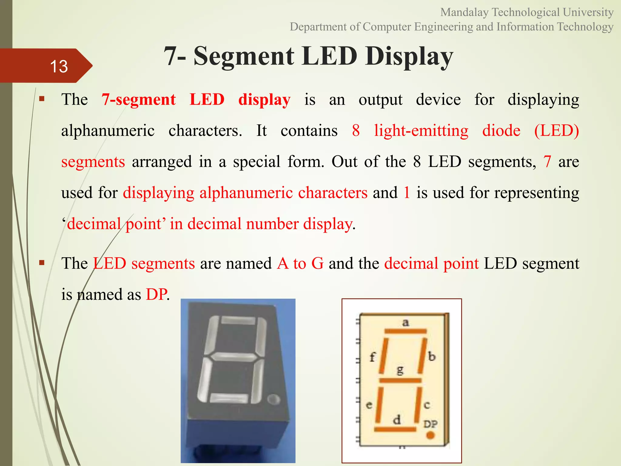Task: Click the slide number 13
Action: tap(59, 66)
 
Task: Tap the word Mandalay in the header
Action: tap(464, 12)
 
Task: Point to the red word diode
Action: tap(501, 131)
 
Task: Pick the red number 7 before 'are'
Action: tap(547, 161)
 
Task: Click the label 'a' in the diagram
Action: tap(405, 322)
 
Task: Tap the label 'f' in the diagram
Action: tap(373, 357)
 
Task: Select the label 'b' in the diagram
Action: tap(432, 356)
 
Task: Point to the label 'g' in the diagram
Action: tap(400, 370)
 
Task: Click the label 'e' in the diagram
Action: tap(369, 405)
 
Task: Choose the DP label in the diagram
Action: tap(430, 424)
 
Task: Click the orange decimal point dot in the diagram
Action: tap(430, 435)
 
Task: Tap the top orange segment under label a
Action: tap(405, 331)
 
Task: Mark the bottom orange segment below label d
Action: tap(395, 429)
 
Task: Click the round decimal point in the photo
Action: tap(274, 400)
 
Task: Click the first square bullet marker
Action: tap(42, 99)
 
